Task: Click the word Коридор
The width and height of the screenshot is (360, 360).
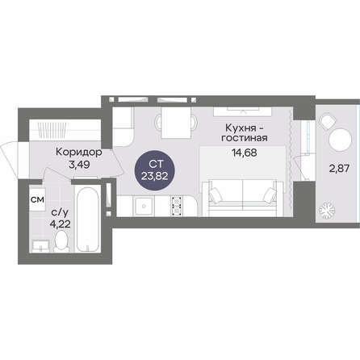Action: click(79, 153)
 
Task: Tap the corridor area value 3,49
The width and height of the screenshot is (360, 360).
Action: click(79, 165)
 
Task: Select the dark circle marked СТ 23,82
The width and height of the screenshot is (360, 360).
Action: click(155, 170)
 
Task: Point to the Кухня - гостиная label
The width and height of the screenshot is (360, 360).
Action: click(245, 133)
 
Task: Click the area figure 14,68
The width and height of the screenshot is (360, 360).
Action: click(245, 153)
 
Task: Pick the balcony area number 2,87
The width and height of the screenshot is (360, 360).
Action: click(340, 169)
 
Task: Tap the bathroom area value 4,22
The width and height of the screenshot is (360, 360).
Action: click(61, 224)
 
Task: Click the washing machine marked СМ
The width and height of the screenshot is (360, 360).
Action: click(37, 199)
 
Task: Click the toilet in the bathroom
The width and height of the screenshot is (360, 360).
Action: click(62, 241)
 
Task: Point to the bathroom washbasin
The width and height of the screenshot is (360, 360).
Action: click(40, 246)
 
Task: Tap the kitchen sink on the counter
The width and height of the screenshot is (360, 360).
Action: click(144, 206)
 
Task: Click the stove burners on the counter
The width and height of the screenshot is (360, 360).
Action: click(177, 206)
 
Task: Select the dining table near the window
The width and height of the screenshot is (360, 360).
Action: click(176, 123)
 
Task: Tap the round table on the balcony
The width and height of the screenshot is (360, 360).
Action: click(340, 140)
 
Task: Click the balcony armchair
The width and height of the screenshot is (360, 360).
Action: click(328, 122)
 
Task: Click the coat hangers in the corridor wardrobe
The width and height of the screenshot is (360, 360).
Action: click(52, 131)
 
